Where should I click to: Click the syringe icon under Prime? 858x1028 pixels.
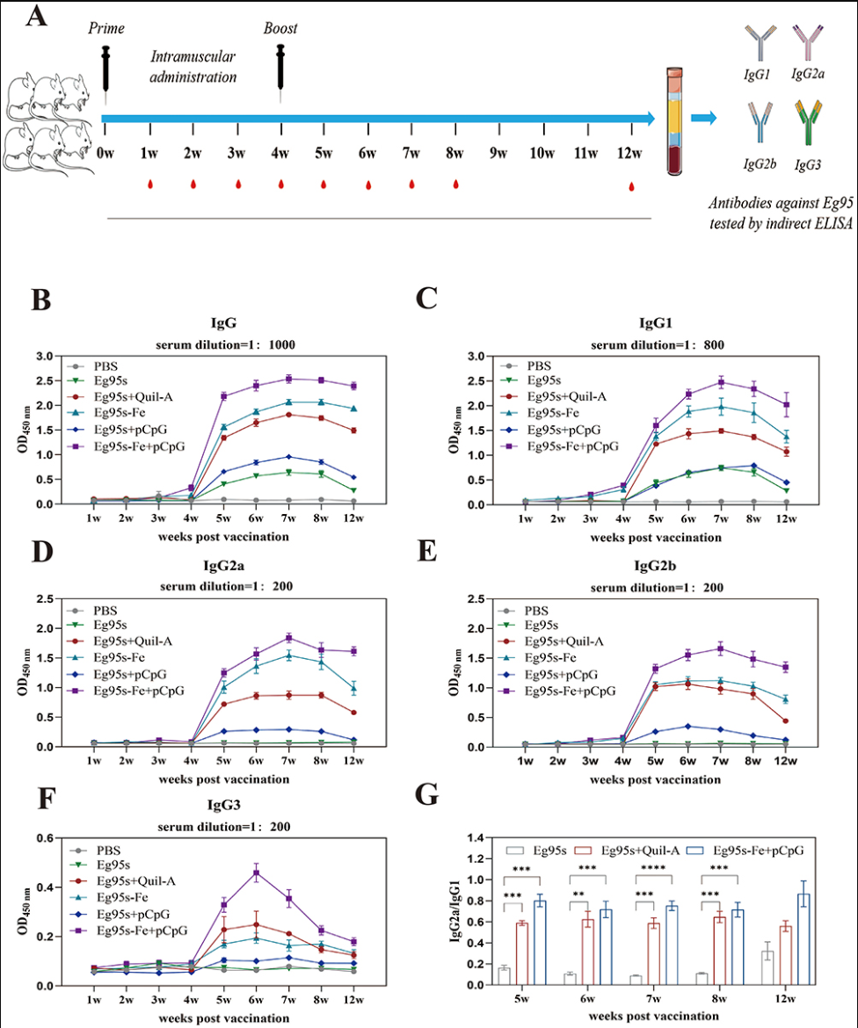pyautogui.click(x=106, y=68)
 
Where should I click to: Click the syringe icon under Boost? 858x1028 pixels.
pyautogui.click(x=281, y=68)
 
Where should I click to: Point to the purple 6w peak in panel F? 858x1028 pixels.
pyautogui.click(x=257, y=872)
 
